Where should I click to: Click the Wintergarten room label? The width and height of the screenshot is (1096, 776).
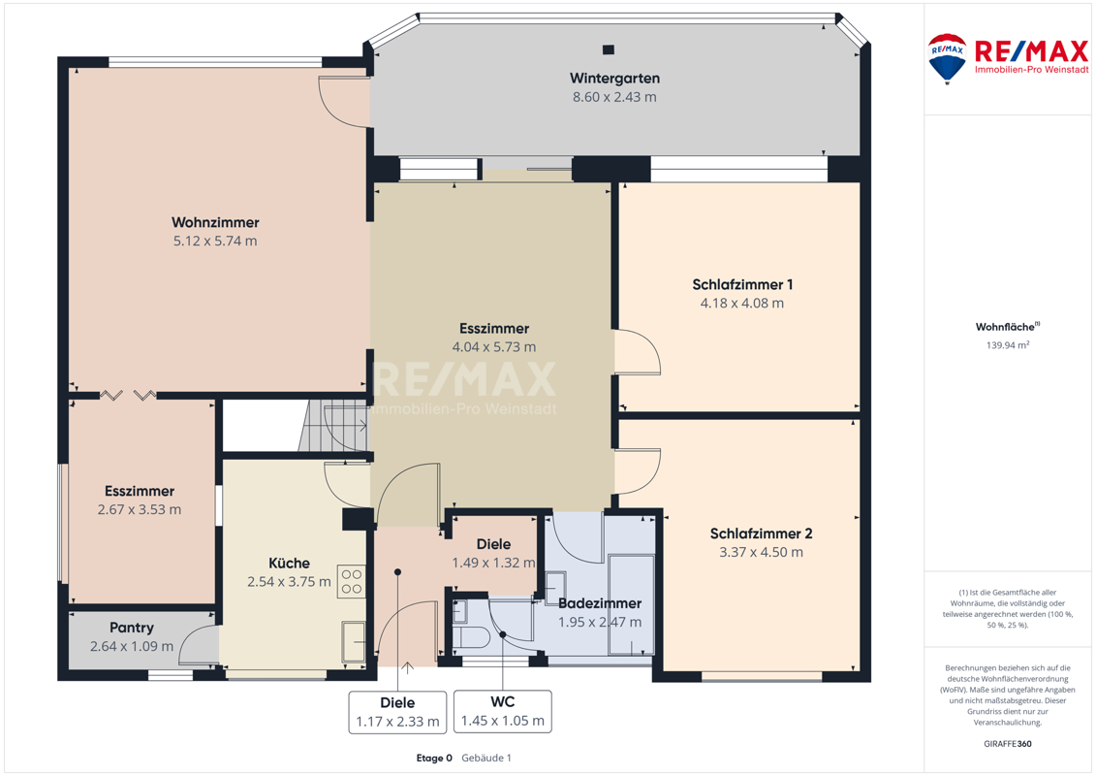(614, 79)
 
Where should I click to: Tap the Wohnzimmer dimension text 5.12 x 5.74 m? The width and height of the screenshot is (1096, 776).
(215, 242)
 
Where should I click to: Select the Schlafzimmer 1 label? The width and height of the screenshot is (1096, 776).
(742, 285)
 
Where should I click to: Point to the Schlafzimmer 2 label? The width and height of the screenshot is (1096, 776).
(761, 533)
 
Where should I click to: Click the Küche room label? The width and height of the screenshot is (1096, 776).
(289, 564)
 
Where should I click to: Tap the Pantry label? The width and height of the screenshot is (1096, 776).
(132, 628)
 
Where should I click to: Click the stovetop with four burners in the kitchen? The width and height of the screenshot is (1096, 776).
(352, 581)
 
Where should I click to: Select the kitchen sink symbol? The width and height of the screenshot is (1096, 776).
(353, 641)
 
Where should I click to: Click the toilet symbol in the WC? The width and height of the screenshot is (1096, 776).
(472, 637)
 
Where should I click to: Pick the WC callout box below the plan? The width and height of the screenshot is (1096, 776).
(503, 712)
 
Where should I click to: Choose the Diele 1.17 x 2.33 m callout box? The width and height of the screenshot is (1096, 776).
(397, 712)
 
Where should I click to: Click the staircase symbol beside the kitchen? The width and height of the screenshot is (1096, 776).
(333, 426)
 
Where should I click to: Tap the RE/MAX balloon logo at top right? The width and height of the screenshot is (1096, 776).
(947, 59)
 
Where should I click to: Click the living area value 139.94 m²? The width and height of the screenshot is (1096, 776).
(1007, 345)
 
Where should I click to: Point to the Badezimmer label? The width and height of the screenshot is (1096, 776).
(600, 603)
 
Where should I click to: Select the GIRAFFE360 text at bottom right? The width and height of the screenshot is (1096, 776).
(1007, 744)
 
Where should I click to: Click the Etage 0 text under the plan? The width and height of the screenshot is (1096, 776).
(434, 758)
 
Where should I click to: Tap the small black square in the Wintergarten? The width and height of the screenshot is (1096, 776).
(609, 49)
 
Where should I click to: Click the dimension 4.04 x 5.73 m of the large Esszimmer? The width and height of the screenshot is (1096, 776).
(494, 347)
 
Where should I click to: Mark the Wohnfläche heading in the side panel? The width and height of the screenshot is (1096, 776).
(1007, 327)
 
